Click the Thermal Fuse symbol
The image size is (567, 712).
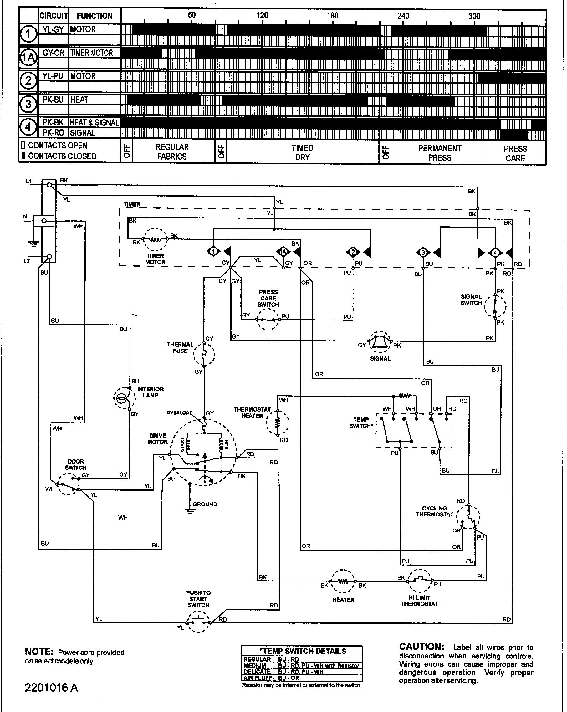(x=204, y=355)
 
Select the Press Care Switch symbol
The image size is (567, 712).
(x=268, y=319)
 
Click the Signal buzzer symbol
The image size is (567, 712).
(x=380, y=342)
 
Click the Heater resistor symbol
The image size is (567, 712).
(x=343, y=581)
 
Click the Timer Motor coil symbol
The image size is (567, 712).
(x=155, y=239)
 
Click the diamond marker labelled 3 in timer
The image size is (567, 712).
(x=423, y=253)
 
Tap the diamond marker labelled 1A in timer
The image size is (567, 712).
(x=283, y=252)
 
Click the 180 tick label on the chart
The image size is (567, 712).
(x=333, y=16)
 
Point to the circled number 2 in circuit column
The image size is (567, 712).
(x=28, y=80)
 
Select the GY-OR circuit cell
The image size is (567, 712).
(x=53, y=53)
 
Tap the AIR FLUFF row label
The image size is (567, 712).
(x=257, y=678)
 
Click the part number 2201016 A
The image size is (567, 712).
(x=51, y=688)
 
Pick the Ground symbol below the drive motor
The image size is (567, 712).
(x=190, y=511)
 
